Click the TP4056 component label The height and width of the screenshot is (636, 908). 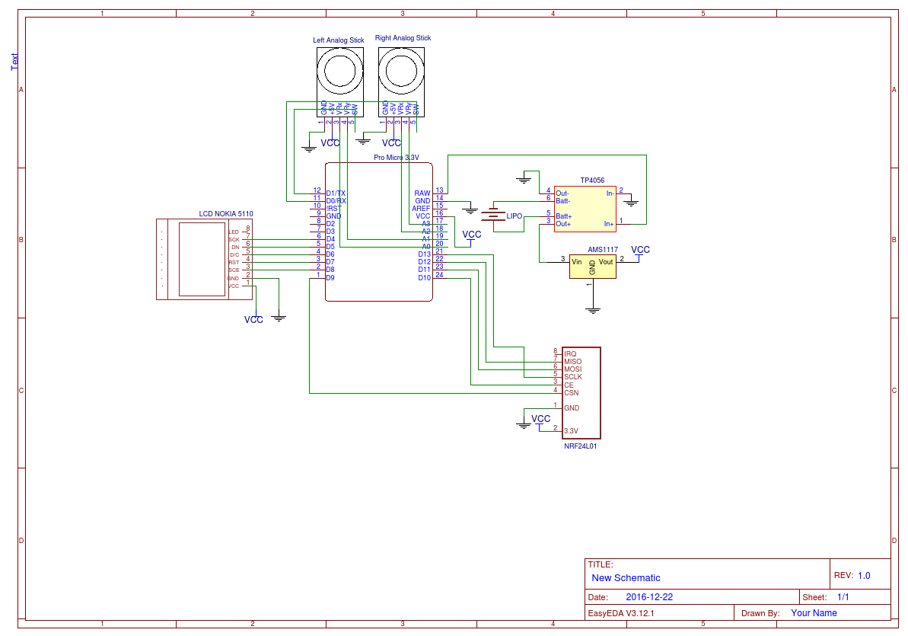[x=592, y=181]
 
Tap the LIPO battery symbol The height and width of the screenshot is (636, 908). [x=495, y=216]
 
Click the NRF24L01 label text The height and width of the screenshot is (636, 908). [x=580, y=446]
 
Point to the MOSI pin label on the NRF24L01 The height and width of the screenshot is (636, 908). [x=572, y=369]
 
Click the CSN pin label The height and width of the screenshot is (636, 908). [x=571, y=393]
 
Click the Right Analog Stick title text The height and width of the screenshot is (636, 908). [x=403, y=38]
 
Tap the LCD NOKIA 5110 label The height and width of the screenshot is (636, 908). [x=226, y=214]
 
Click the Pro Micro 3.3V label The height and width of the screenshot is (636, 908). [x=396, y=158]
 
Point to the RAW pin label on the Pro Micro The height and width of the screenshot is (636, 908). [x=422, y=193]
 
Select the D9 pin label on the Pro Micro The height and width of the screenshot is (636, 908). [x=330, y=278]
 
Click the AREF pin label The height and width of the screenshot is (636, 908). [x=421, y=209]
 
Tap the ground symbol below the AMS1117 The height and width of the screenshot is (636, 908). [x=593, y=310]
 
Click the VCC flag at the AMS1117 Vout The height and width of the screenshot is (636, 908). [x=641, y=250]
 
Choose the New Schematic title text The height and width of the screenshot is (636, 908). [x=626, y=578]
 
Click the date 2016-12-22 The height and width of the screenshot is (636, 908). [x=649, y=598]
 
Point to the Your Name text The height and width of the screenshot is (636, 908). [x=814, y=613]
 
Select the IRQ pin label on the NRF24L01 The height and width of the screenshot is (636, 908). [x=570, y=354]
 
